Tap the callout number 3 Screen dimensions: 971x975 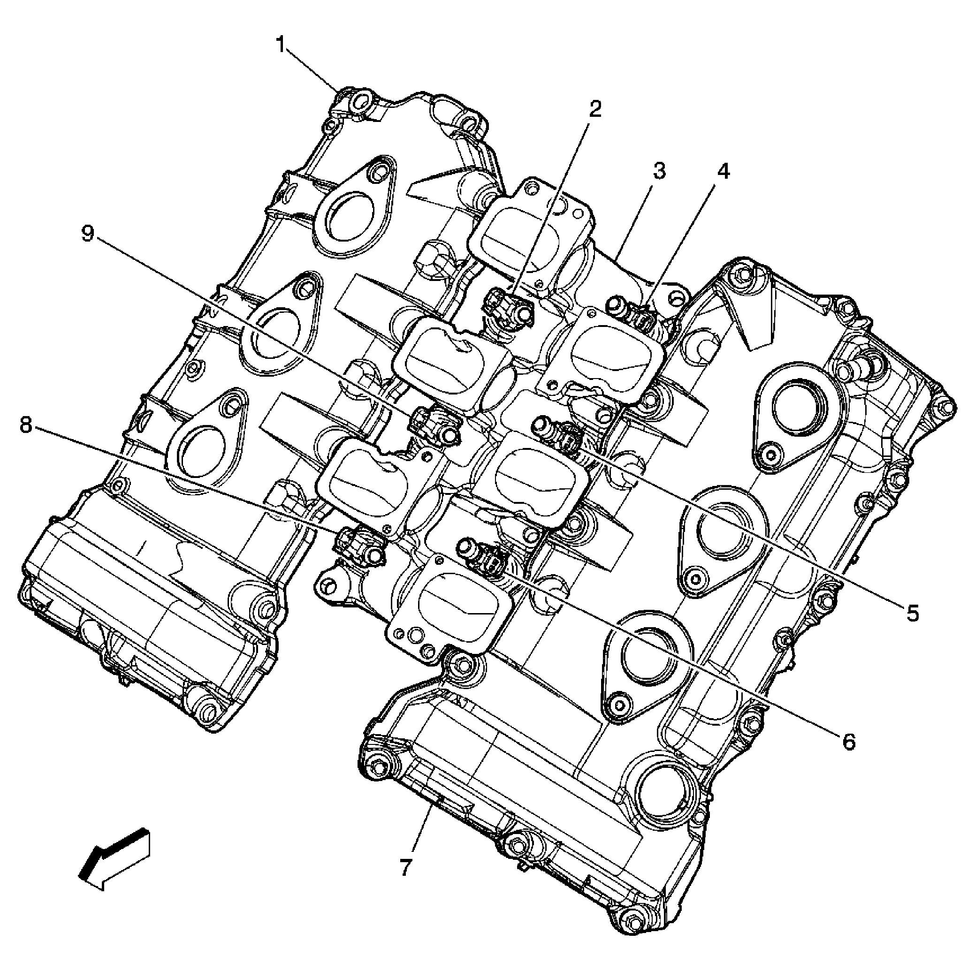coord(659,172)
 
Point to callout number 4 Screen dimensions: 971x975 coord(723,172)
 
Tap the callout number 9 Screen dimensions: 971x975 coord(88,234)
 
